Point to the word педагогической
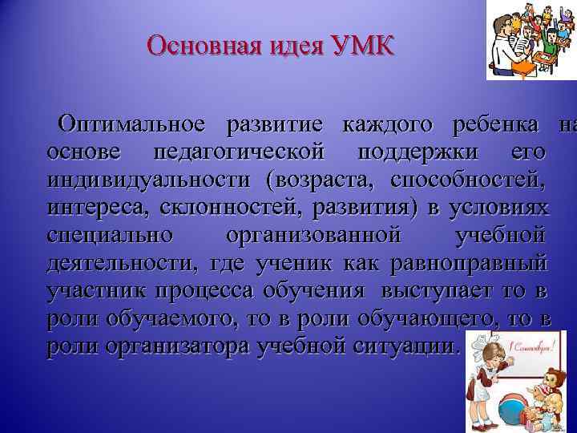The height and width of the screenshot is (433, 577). click(x=239, y=152)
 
